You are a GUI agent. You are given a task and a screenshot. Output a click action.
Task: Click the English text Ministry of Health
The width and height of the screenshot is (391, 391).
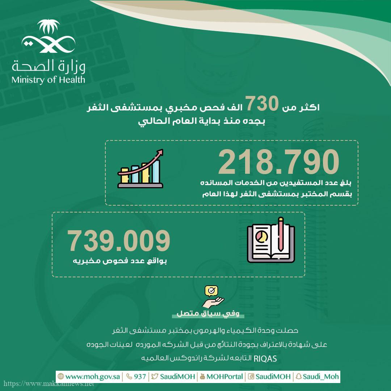pyautogui.click(x=48, y=79)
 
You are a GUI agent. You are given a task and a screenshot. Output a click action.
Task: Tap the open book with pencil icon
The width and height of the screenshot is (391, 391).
pyautogui.click(x=270, y=240)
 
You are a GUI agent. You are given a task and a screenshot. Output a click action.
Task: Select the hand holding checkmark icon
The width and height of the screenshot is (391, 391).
pyautogui.click(x=213, y=297)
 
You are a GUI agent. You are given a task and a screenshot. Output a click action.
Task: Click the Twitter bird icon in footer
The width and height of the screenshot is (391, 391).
pyautogui.click(x=155, y=377)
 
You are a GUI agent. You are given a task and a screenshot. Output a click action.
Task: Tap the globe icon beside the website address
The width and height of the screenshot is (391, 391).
pyautogui.click(x=60, y=377)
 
